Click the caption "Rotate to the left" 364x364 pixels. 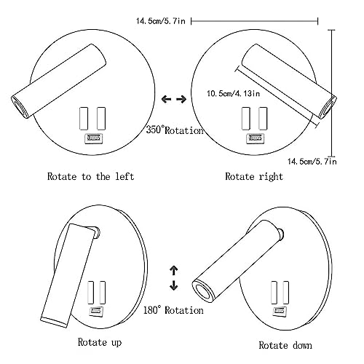pyautogui.click(x=90, y=176)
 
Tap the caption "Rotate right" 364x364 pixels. pyautogui.click(x=254, y=176)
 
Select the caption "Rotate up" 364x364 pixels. pyautogui.click(x=100, y=342)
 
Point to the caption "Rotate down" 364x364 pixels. pyautogui.click(x=285, y=345)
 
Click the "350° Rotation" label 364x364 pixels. pyautogui.click(x=175, y=130)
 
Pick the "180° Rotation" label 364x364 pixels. pyautogui.click(x=173, y=310)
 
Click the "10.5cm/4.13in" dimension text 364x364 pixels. pyautogui.click(x=233, y=93)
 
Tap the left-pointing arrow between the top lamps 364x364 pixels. pyautogui.click(x=166, y=99)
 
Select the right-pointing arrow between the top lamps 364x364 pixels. pyautogui.click(x=181, y=99)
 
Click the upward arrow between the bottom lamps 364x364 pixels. pyautogui.click(x=174, y=270)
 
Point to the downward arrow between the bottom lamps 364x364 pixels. pyautogui.click(x=174, y=285)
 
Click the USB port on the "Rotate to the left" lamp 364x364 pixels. pyautogui.click(x=93, y=138)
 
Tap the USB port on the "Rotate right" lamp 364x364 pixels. pyautogui.click(x=256, y=138)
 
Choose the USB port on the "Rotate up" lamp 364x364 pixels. pyautogui.click(x=96, y=311)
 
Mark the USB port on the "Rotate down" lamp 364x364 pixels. pyautogui.click(x=280, y=311)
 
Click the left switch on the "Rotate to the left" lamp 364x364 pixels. pyautogui.click(x=84, y=119)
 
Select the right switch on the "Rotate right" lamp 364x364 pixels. pyautogui.click(x=263, y=119)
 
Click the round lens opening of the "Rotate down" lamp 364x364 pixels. pyautogui.click(x=202, y=291)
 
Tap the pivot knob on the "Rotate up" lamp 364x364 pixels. pyautogui.click(x=97, y=232)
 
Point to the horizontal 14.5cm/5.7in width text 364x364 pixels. pyautogui.click(x=161, y=21)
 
